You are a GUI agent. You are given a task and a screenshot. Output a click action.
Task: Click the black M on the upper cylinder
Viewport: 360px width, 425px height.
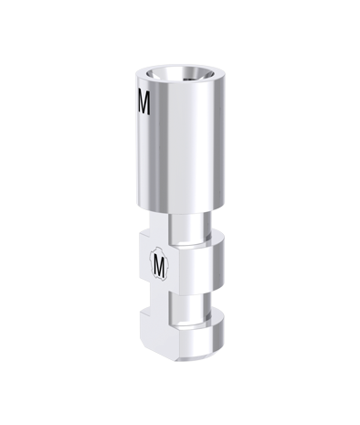143,101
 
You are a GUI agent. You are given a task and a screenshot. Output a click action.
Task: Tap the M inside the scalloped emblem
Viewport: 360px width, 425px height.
159,263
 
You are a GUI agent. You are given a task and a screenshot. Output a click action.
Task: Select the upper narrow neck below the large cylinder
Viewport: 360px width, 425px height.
189,227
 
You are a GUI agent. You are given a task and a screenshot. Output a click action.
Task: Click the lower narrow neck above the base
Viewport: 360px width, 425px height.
189,307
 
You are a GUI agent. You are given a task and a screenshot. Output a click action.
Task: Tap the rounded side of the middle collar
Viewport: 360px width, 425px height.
202,268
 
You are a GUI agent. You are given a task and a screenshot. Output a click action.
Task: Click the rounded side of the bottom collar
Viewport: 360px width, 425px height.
202,341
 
